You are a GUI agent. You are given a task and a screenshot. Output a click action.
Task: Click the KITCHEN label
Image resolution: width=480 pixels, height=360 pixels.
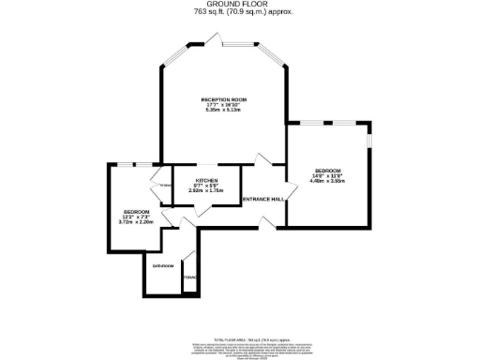pyautogui.click(x=206, y=180)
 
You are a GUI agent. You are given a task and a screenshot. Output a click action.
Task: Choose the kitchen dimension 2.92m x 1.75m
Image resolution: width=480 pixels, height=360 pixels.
pyautogui.click(x=206, y=190)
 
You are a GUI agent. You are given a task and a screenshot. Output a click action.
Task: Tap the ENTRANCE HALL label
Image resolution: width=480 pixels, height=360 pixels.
pyautogui.click(x=263, y=200)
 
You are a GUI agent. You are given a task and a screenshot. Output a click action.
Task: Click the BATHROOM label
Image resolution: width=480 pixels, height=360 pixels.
pyautogui.click(x=163, y=265)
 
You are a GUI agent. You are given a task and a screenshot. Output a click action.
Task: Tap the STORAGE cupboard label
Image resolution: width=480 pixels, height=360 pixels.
pyautogui.click(x=190, y=277)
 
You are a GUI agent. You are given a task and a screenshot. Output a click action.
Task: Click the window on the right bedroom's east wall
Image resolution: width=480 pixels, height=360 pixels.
pyautogui.click(x=369, y=140)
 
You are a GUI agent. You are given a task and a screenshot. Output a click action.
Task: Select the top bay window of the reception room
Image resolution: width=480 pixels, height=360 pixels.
pyautogui.click(x=221, y=40)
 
